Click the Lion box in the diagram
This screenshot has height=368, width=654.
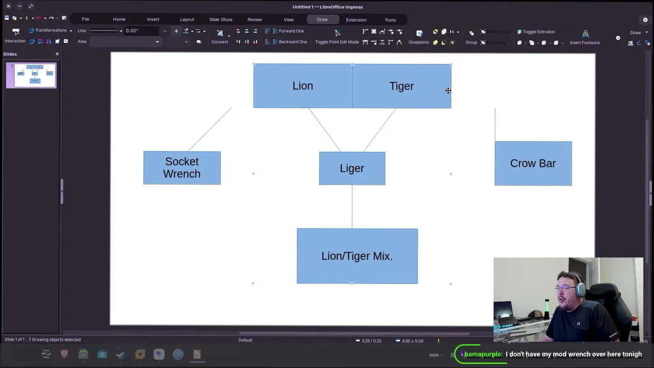tap(302, 86)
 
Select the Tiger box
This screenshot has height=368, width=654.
tap(402, 86)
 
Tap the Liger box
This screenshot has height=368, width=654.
tap(352, 169)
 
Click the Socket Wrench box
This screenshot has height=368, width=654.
tap(182, 168)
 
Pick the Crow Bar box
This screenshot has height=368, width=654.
tap(533, 164)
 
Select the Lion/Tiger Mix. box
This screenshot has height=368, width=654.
tap(357, 256)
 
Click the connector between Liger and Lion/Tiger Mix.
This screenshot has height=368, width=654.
tap(352, 207)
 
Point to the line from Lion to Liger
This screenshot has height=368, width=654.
tap(325, 130)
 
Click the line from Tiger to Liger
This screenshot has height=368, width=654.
tap(379, 130)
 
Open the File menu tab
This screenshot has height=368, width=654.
tap(85, 19)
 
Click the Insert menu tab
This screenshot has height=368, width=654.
tap(153, 19)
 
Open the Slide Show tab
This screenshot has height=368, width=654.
tap(221, 19)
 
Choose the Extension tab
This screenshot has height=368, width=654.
tap(356, 20)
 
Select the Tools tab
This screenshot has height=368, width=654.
tap(390, 20)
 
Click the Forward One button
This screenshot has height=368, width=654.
tap(291, 31)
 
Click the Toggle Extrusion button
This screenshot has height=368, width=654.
tap(539, 32)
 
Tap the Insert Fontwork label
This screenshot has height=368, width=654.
tap(585, 43)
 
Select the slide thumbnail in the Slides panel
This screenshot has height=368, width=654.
tap(32, 76)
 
